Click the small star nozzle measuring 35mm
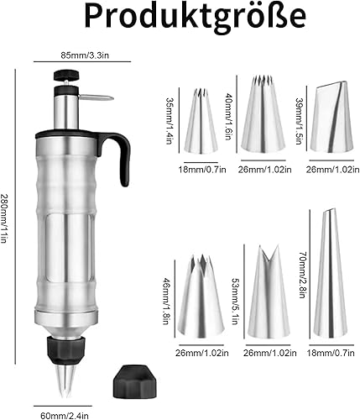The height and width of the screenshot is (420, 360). pos(200,124)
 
